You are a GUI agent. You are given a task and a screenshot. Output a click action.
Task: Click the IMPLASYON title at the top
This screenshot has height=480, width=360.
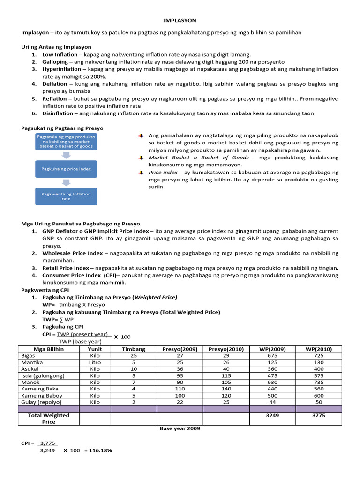coord(180,21)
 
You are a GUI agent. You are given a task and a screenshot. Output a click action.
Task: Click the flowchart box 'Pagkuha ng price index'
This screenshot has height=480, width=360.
coord(66,169)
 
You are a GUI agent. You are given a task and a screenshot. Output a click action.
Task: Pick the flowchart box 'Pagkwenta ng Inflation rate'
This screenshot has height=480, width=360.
coord(66,196)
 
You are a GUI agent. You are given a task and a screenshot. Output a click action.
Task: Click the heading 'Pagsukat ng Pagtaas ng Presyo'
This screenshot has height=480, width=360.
coord(62,128)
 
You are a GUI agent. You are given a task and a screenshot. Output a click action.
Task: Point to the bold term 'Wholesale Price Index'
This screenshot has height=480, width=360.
coord(72,253)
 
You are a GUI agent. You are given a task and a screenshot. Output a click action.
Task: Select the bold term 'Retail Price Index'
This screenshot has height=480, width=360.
coord(65,268)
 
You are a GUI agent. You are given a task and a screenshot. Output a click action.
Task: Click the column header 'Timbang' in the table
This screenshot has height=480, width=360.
coord(134,349)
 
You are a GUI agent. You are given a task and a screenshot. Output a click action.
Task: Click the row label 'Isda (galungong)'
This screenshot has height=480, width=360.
coord(43,375)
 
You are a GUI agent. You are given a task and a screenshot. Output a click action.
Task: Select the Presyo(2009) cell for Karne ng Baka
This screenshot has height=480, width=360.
coord(180,389)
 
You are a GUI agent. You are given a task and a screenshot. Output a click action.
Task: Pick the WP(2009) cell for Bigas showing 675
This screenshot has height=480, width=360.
coord(272,356)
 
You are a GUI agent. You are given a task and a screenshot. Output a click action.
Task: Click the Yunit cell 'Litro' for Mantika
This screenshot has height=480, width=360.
coord(95,362)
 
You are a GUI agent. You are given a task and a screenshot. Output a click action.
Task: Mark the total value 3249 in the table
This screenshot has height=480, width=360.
coord(272,415)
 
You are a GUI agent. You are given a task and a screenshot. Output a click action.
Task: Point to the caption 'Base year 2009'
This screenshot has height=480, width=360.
coord(180,428)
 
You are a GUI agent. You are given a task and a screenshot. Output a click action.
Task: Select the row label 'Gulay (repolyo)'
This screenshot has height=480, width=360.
coord(42,402)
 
